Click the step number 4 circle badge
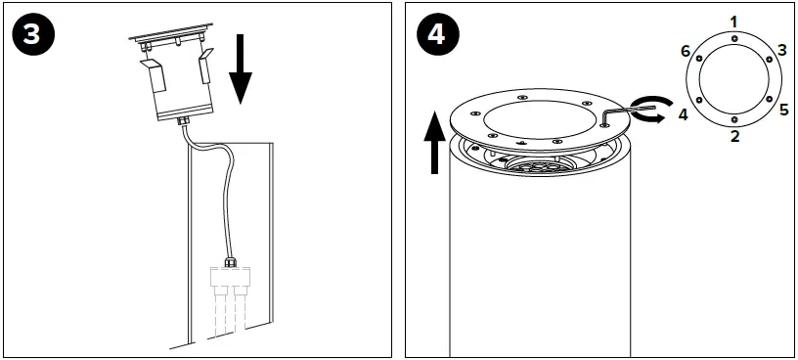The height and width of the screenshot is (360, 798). (x=437, y=34)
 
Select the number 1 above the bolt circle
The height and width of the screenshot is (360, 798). (x=733, y=20)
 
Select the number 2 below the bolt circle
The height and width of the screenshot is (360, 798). (x=734, y=136)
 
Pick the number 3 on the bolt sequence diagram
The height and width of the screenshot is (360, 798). (x=782, y=50)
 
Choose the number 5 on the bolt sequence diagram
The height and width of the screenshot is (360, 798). (x=783, y=108)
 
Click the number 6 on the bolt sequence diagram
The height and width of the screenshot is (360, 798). (x=686, y=50)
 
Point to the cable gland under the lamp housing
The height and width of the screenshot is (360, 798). (x=182, y=122)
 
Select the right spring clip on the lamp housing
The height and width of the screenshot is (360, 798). (x=205, y=67)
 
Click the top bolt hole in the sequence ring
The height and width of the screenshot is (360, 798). (x=733, y=38)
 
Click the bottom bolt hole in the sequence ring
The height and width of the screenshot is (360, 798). (x=734, y=118)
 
